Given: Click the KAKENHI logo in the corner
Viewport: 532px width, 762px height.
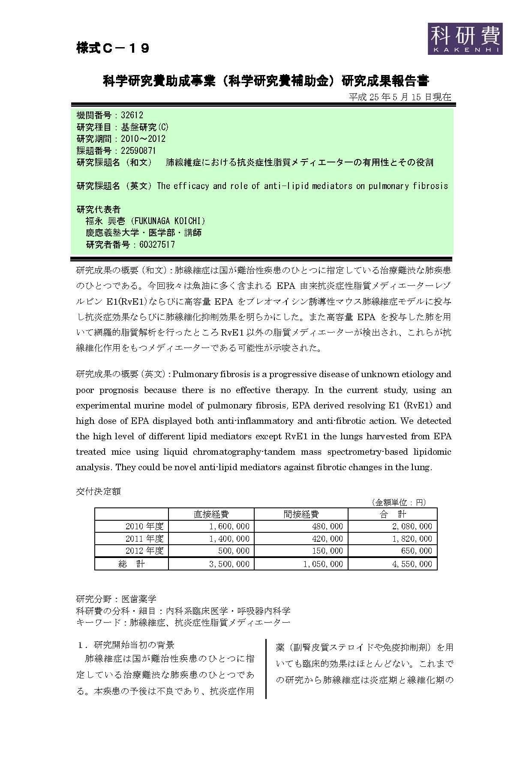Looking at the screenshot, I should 465,39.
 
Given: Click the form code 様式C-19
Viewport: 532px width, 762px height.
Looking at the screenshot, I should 113,48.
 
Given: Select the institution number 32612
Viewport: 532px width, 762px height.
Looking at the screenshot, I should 132,115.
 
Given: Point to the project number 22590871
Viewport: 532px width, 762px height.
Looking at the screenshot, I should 138,151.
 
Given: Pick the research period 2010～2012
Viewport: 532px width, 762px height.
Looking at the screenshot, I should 143,139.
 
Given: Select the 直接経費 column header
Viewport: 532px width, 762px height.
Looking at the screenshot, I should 211,514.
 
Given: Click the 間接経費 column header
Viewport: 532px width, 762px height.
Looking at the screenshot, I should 301,514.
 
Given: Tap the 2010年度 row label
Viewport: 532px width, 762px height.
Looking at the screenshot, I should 144,526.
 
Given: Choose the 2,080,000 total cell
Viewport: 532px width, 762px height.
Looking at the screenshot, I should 412,526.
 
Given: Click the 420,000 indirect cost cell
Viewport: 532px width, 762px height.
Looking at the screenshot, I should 328,539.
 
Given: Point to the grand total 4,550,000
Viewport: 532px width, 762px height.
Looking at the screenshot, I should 412,564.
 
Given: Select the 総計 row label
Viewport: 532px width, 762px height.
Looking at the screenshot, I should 132,564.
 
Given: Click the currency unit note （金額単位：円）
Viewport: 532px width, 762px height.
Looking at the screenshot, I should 399,502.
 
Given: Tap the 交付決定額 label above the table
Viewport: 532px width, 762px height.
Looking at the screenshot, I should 98,492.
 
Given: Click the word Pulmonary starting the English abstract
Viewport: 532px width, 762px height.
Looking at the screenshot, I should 194,374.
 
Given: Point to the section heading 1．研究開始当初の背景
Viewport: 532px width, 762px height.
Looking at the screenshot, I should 125,645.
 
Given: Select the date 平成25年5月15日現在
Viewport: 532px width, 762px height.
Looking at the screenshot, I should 400,97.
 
